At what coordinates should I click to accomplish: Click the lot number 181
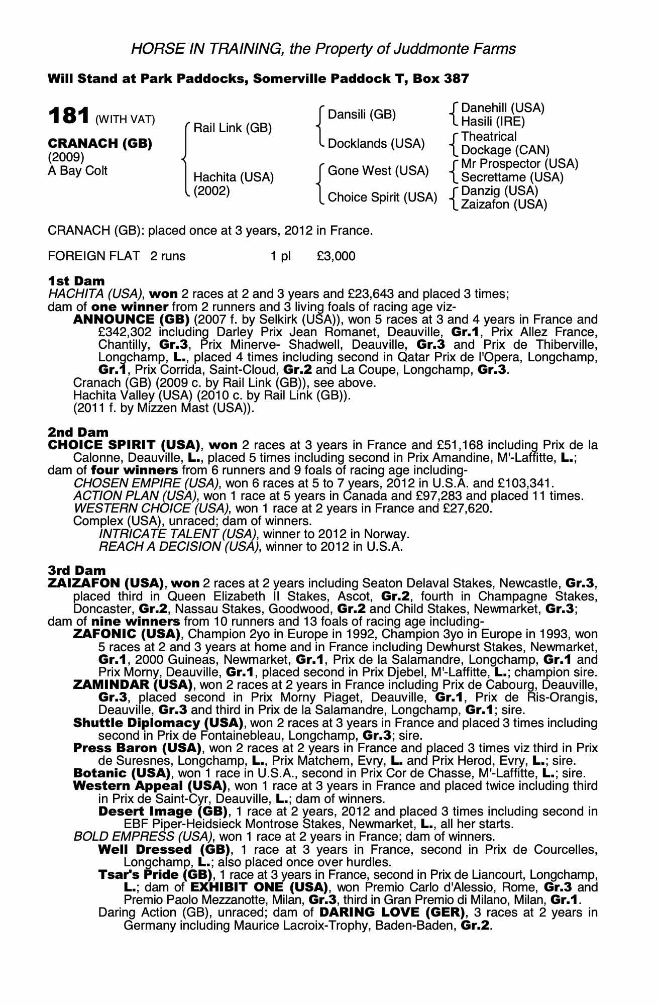(x=68, y=116)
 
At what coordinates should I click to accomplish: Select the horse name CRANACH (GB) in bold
(x=99, y=143)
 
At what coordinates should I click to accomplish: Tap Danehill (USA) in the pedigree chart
(x=502, y=108)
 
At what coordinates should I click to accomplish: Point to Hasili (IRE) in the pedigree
(x=493, y=122)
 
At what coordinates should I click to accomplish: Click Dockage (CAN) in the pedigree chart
(x=505, y=150)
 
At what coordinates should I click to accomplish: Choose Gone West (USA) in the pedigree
(x=378, y=171)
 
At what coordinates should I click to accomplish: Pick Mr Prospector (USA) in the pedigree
(x=519, y=164)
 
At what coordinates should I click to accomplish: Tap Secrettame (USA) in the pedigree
(x=512, y=177)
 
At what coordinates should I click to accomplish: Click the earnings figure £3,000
(x=336, y=256)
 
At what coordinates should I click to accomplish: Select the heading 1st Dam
(x=76, y=281)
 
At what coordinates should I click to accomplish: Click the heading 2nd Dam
(x=78, y=432)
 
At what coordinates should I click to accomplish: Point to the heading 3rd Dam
(x=77, y=570)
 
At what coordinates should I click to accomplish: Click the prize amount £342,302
(x=125, y=332)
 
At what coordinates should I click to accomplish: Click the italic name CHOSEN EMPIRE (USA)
(x=146, y=483)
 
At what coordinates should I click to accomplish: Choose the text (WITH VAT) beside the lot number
(x=125, y=120)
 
